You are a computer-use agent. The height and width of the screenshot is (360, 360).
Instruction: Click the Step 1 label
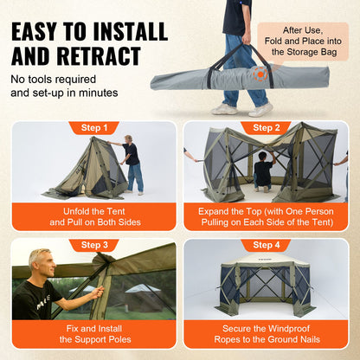coord(93,128)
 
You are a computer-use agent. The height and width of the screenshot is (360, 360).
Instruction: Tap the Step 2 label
coord(266,128)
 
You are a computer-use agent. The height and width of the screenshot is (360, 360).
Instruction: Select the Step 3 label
coord(93,245)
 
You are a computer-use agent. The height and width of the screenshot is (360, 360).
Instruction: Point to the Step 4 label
coord(266,245)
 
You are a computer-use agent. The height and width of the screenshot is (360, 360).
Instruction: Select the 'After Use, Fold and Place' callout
coord(312,40)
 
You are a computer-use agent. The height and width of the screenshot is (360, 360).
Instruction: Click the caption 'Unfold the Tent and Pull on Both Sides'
coord(93,216)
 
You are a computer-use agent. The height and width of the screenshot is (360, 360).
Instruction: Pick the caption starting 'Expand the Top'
coord(266,216)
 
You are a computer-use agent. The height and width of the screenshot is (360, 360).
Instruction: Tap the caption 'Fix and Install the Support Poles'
coord(93,333)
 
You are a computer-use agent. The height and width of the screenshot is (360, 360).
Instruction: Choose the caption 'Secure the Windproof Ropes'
coord(266,333)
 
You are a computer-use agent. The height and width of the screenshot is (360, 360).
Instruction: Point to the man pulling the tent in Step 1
coord(132,162)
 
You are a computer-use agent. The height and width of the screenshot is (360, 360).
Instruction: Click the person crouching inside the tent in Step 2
coord(262,170)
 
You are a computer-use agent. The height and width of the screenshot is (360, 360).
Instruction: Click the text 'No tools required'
coord(52,80)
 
